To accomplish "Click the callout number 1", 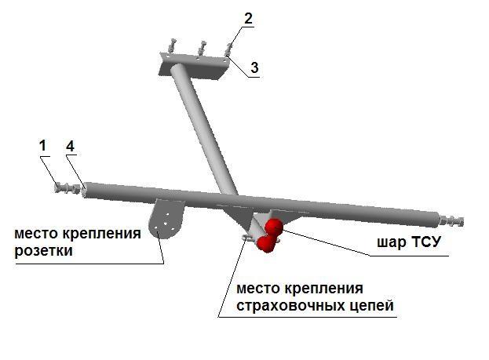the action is [43, 146].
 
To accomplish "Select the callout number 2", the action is [248, 18].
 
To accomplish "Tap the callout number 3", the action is [254, 67].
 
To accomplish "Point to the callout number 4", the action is [70, 146].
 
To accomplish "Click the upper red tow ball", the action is [273, 227].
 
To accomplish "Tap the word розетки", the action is [43, 251].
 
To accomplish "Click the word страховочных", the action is [280, 305].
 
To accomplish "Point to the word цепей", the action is [361, 306].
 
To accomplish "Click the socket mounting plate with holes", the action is [165, 219].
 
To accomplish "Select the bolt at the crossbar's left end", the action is [68, 188].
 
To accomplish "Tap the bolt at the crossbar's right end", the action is [451, 220].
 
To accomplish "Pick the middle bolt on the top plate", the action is [202, 48].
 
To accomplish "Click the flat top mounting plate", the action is [195, 66].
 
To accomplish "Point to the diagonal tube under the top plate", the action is [203, 130].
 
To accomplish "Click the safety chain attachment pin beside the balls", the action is [247, 238].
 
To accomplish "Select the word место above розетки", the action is [34, 234].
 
